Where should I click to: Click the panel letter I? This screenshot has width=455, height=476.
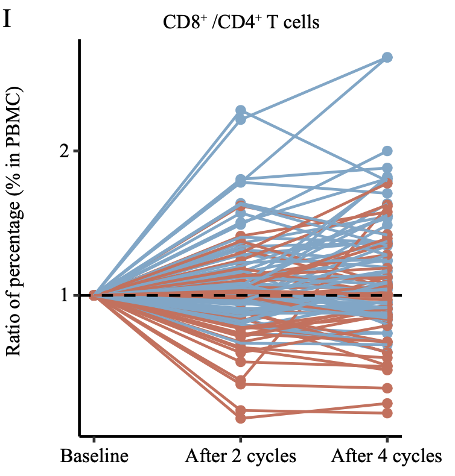click(x=8, y=19)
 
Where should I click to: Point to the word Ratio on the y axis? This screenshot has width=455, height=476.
click(x=17, y=334)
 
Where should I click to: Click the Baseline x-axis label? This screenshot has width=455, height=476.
click(x=94, y=456)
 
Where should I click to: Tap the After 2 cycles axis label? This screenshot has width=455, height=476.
click(x=241, y=456)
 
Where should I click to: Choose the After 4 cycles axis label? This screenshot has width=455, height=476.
click(x=387, y=456)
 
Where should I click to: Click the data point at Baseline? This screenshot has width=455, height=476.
click(x=94, y=295)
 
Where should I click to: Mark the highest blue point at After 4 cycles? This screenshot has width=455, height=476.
click(x=387, y=57)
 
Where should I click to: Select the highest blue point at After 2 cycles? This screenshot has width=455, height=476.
click(x=241, y=111)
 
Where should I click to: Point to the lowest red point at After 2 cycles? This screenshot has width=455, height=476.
click(x=241, y=418)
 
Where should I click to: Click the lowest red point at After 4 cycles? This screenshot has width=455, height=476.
click(x=387, y=413)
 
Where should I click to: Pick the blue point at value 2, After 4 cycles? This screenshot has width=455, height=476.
click(x=387, y=151)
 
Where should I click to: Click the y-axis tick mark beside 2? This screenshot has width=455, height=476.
click(x=77, y=151)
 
